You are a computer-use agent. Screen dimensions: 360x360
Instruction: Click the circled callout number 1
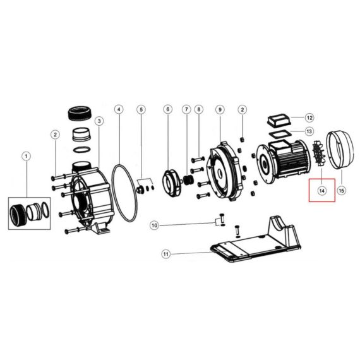click(x=26, y=157)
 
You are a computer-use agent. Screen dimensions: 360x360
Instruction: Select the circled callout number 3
click(x=99, y=121)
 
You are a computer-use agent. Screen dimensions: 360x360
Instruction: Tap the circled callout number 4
click(x=119, y=109)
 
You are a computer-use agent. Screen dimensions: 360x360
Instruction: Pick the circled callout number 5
click(x=141, y=109)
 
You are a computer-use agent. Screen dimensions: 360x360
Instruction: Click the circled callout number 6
click(x=167, y=109)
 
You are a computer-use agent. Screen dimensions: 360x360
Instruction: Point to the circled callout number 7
click(x=186, y=109)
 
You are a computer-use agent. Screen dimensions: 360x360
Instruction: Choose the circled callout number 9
click(x=220, y=109)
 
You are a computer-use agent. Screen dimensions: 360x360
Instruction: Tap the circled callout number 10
click(x=155, y=225)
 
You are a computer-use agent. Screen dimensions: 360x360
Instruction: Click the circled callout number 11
click(x=165, y=254)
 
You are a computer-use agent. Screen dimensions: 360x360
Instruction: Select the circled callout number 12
click(x=309, y=117)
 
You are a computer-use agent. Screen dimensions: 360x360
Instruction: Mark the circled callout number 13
click(x=309, y=131)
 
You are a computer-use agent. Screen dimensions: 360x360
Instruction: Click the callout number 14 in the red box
click(x=322, y=191)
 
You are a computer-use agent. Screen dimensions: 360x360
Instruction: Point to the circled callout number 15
click(x=342, y=190)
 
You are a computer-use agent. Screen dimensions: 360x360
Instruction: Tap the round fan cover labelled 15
click(x=340, y=150)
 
